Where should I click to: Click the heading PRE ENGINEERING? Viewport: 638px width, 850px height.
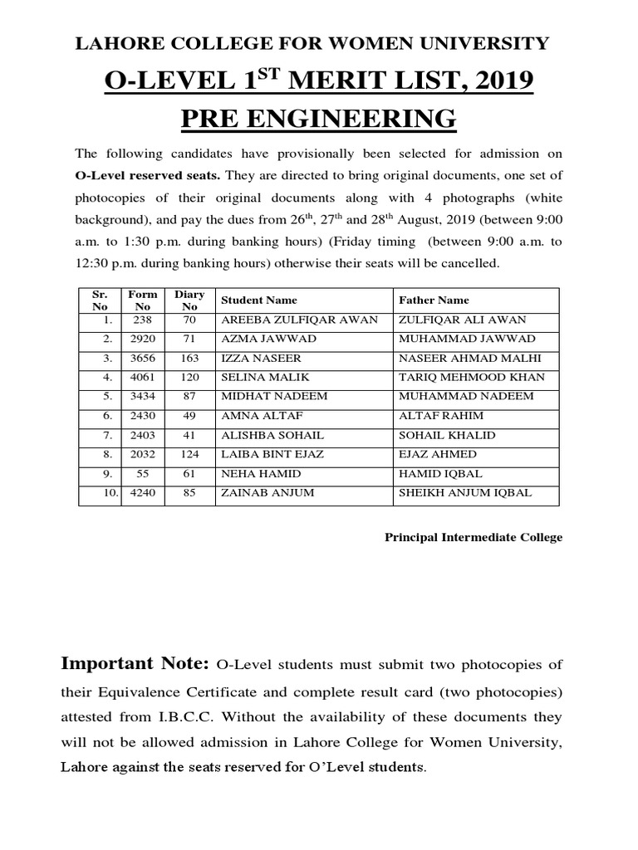(x=319, y=119)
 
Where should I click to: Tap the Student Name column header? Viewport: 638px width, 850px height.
(x=258, y=300)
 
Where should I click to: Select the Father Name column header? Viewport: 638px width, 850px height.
(x=434, y=300)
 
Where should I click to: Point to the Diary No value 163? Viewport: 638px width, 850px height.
(x=189, y=359)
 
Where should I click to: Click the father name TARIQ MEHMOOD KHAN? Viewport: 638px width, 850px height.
(x=470, y=378)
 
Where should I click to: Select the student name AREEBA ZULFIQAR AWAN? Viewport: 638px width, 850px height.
(x=299, y=320)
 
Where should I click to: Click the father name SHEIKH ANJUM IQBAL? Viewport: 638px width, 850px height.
(x=466, y=492)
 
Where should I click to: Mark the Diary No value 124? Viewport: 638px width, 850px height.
(x=189, y=454)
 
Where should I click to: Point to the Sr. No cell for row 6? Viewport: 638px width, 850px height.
(x=106, y=416)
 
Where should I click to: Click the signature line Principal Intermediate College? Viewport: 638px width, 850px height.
(x=473, y=537)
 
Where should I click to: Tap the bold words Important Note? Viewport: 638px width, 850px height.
(x=135, y=663)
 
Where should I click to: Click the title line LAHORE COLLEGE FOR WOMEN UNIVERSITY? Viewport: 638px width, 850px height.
(x=312, y=44)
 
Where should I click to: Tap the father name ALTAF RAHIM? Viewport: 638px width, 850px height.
(x=441, y=416)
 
